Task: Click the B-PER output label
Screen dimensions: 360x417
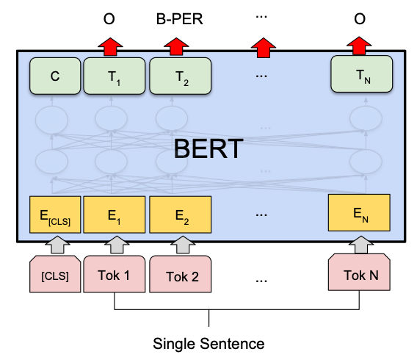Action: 180,19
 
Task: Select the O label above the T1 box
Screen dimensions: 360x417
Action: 109,19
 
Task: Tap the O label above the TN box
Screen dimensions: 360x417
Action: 360,19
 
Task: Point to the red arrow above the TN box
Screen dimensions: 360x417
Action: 360,46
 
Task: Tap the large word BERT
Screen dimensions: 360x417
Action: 208,149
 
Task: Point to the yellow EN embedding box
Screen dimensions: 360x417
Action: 360,214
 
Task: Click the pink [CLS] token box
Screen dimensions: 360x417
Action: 55,277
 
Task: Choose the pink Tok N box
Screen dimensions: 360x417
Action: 360,276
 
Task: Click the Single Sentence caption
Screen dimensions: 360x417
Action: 208,343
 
